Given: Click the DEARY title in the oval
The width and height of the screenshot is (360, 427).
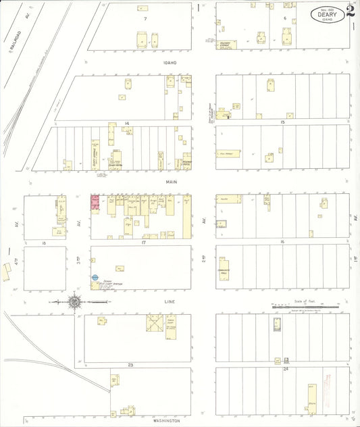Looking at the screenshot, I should [x=326, y=12].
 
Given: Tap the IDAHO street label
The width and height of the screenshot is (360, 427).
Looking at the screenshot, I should [x=169, y=62].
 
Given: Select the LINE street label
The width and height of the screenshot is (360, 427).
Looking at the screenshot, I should [x=170, y=300].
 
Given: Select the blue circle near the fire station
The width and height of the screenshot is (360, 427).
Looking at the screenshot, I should [x=95, y=277].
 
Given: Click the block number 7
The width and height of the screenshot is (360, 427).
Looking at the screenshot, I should [x=145, y=18].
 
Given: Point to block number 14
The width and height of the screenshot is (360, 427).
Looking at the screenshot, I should [x=126, y=123].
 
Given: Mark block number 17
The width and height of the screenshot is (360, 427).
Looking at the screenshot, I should [x=143, y=241].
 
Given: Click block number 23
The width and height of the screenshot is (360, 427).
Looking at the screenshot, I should [x=130, y=364].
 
